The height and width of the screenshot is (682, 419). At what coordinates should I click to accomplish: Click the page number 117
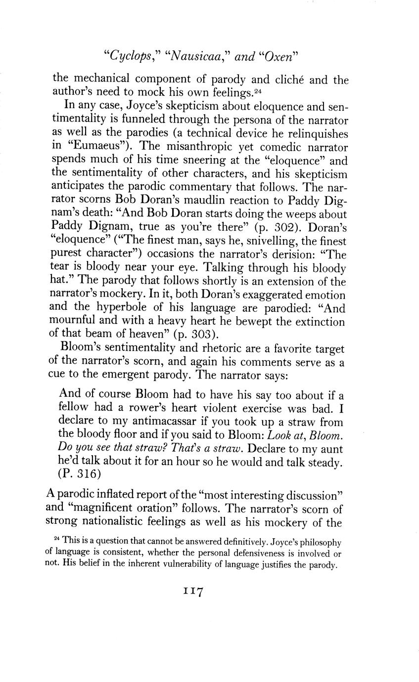tap(194, 592)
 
